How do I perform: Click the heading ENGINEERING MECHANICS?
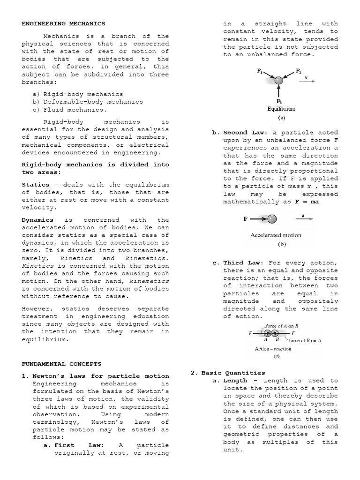[x=64, y=23]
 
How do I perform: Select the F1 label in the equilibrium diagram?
[x=259, y=71]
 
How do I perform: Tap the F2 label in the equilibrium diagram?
[x=299, y=71]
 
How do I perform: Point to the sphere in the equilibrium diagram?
[x=279, y=81]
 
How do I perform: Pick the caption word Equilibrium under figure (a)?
[x=281, y=109]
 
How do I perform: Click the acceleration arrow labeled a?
[x=305, y=218]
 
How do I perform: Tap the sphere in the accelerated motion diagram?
[x=272, y=218]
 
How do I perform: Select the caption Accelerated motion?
[x=276, y=235]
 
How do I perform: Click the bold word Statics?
[x=35, y=185]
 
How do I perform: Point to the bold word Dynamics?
[x=37, y=220]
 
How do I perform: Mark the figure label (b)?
[x=282, y=244]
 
